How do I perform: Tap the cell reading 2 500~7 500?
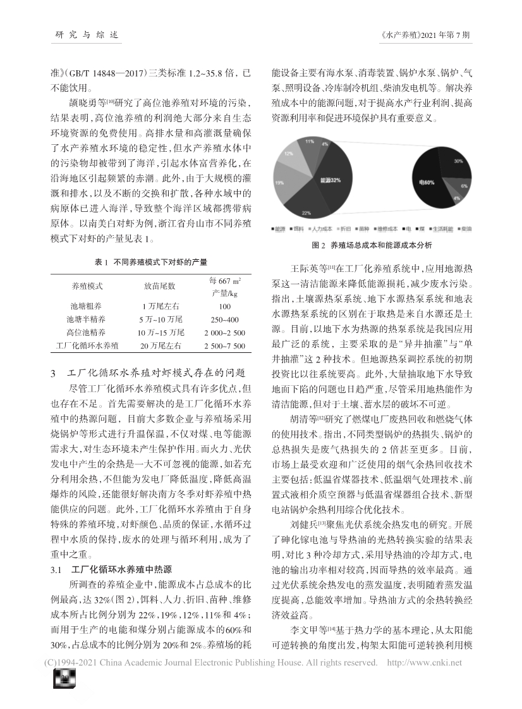[x=224, y=346]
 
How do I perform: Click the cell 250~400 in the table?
[x=224, y=319]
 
